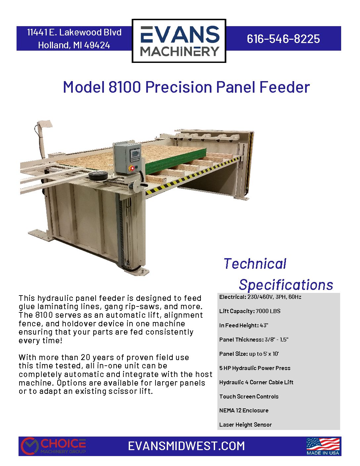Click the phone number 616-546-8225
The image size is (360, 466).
[283, 39]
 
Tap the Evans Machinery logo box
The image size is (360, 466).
[179, 41]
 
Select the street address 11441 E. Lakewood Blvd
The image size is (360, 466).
[74, 32]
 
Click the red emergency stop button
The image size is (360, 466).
[132, 168]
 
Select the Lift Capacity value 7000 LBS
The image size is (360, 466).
[268, 311]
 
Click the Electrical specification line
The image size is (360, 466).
[260, 297]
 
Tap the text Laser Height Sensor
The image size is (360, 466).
[245, 425]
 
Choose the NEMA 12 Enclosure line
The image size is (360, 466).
[244, 410]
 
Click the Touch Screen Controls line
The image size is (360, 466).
[249, 396]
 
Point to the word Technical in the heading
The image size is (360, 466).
[255, 263]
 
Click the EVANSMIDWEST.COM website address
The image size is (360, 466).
[186, 446]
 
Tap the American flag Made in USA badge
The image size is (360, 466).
[323, 446]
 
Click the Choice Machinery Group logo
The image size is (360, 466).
[53, 446]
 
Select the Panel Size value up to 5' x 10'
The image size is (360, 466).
[264, 354]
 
